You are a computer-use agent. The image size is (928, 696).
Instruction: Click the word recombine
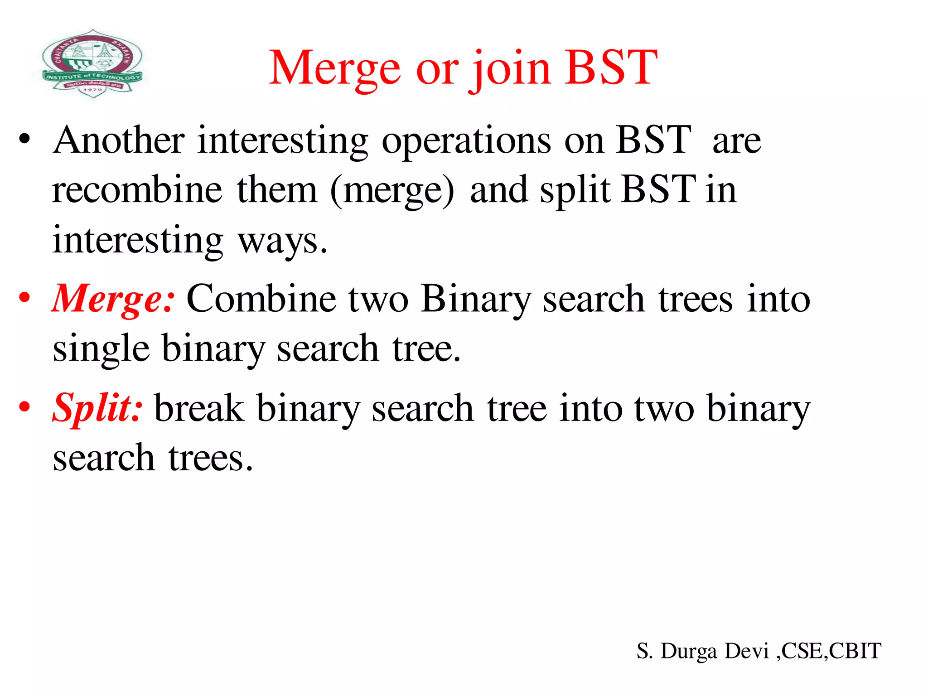(x=137, y=190)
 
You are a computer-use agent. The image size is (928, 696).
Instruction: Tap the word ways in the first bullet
(x=282, y=241)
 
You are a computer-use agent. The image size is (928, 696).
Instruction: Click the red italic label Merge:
(x=113, y=300)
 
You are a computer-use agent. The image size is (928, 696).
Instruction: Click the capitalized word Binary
(x=475, y=300)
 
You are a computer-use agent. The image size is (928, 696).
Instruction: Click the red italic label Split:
(x=97, y=408)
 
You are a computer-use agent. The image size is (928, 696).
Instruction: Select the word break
(x=199, y=408)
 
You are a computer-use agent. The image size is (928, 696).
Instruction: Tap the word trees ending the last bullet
(x=210, y=458)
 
